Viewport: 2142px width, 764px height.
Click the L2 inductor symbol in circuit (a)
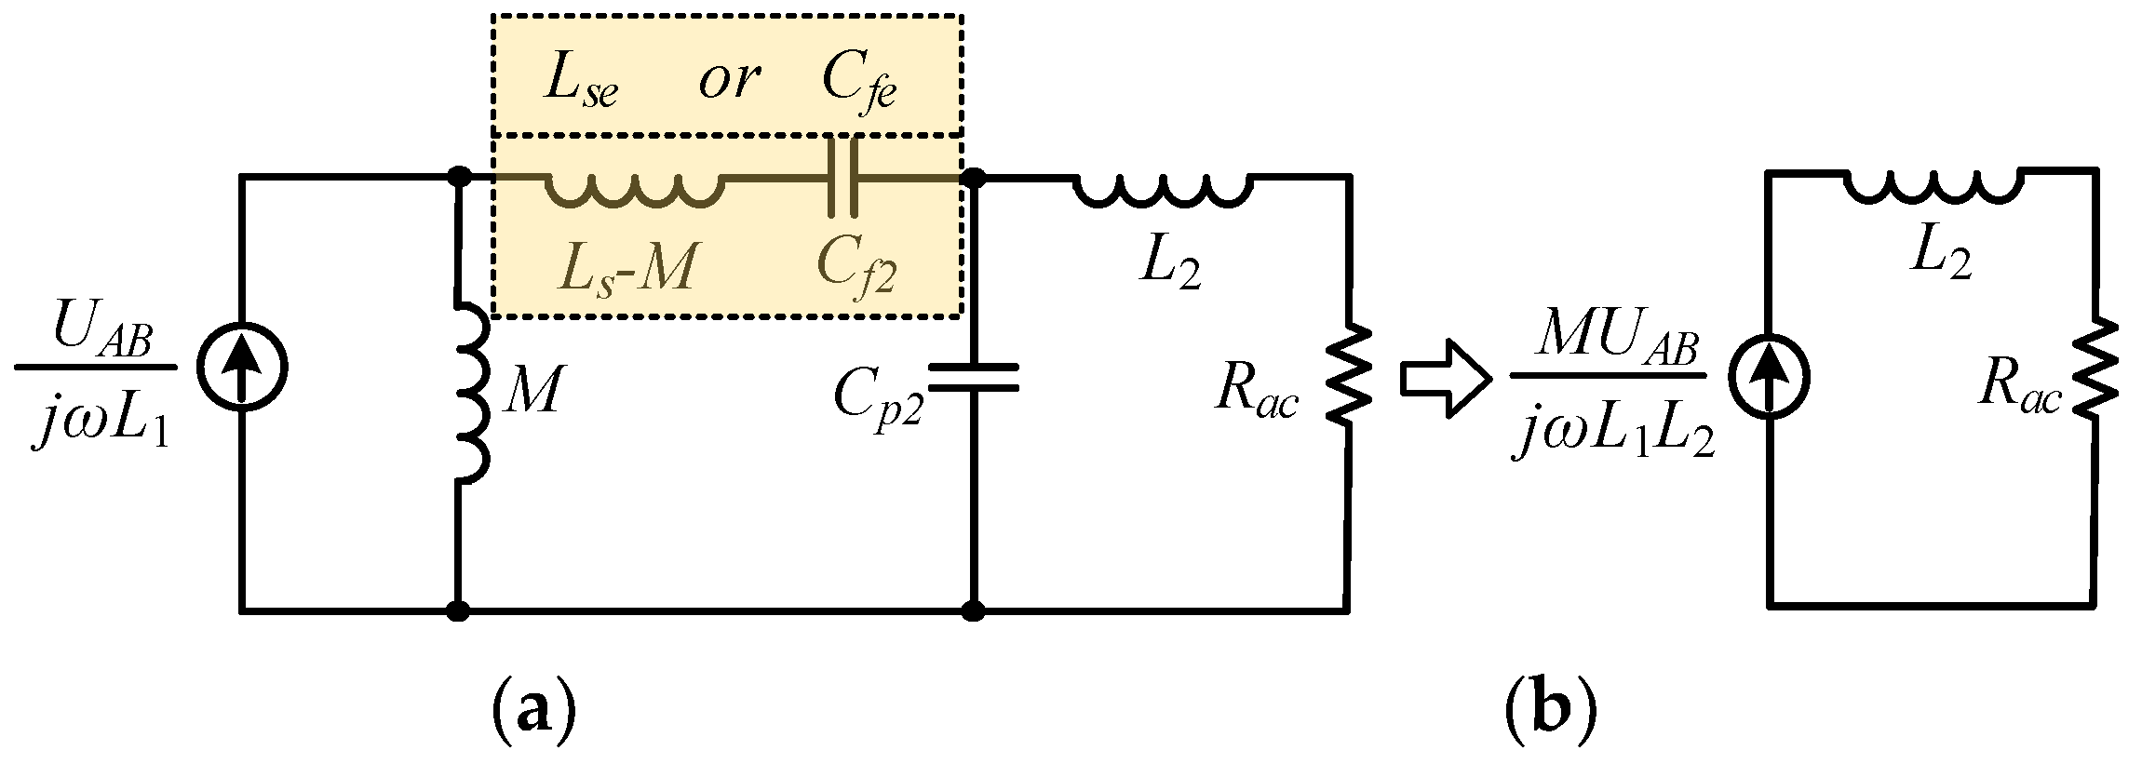(1164, 189)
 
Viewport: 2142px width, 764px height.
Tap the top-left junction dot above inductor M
(457, 176)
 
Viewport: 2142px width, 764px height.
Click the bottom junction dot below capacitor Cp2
(973, 611)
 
